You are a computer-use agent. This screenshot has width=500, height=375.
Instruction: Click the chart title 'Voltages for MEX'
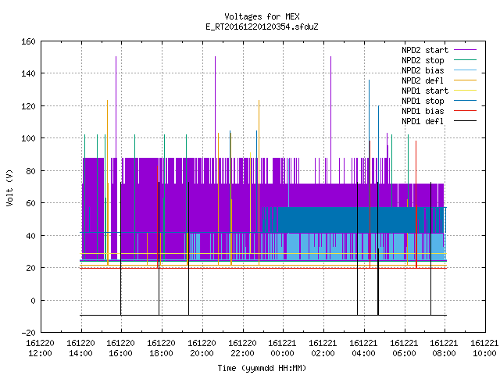[262, 16]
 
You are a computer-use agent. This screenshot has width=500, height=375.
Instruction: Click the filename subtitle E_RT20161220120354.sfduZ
[262, 27]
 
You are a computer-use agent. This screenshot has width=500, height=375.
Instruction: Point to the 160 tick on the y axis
[28, 41]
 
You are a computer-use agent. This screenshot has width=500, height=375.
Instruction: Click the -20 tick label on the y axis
[28, 333]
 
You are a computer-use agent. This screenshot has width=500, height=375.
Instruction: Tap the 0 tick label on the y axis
[33, 300]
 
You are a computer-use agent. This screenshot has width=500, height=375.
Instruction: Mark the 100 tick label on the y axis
[28, 138]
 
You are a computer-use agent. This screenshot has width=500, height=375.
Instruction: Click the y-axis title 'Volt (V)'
[10, 188]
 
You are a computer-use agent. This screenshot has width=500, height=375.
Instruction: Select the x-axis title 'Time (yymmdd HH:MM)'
[262, 368]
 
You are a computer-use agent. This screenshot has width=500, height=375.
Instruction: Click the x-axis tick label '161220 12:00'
[40, 348]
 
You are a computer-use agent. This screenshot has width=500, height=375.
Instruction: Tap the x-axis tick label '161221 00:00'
[283, 348]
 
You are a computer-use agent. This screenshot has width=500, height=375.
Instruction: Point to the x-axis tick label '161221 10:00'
[484, 348]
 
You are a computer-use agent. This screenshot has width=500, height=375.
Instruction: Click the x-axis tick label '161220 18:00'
[162, 348]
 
